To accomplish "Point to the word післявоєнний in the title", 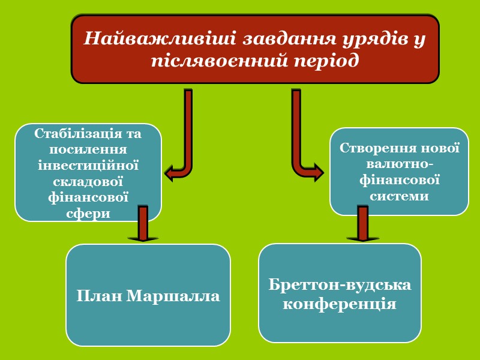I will click(x=219, y=61).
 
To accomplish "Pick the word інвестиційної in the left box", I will click(x=89, y=164).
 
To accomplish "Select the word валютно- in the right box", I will click(x=400, y=164).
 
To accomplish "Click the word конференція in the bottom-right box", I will click(x=340, y=304).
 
